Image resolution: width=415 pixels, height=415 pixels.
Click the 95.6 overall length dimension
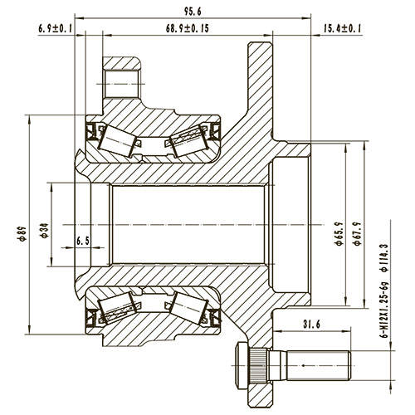(196, 11)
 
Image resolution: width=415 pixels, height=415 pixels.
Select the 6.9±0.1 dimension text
(56, 29)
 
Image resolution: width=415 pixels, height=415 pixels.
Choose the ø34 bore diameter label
(42, 230)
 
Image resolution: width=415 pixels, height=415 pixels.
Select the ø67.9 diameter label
(356, 232)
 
